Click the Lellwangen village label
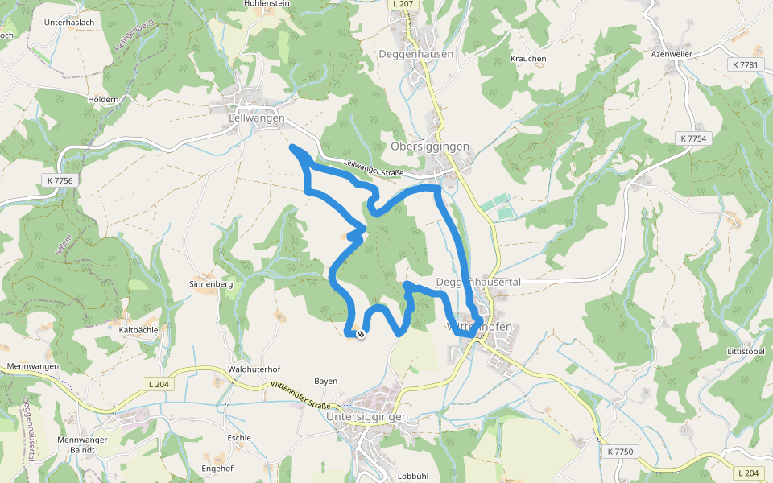pos(257,118)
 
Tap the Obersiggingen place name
pos(430,147)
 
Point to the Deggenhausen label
pos(416,54)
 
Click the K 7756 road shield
pos(60,180)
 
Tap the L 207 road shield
pos(403,4)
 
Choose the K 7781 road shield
pos(746,64)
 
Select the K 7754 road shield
pos(692,138)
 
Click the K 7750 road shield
pos(621,452)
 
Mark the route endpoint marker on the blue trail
pos(361,334)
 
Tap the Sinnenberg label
pos(210,284)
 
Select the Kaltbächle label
pos(136,330)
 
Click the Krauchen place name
pos(528,59)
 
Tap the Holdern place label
pos(103,99)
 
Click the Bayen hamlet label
pos(325,381)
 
